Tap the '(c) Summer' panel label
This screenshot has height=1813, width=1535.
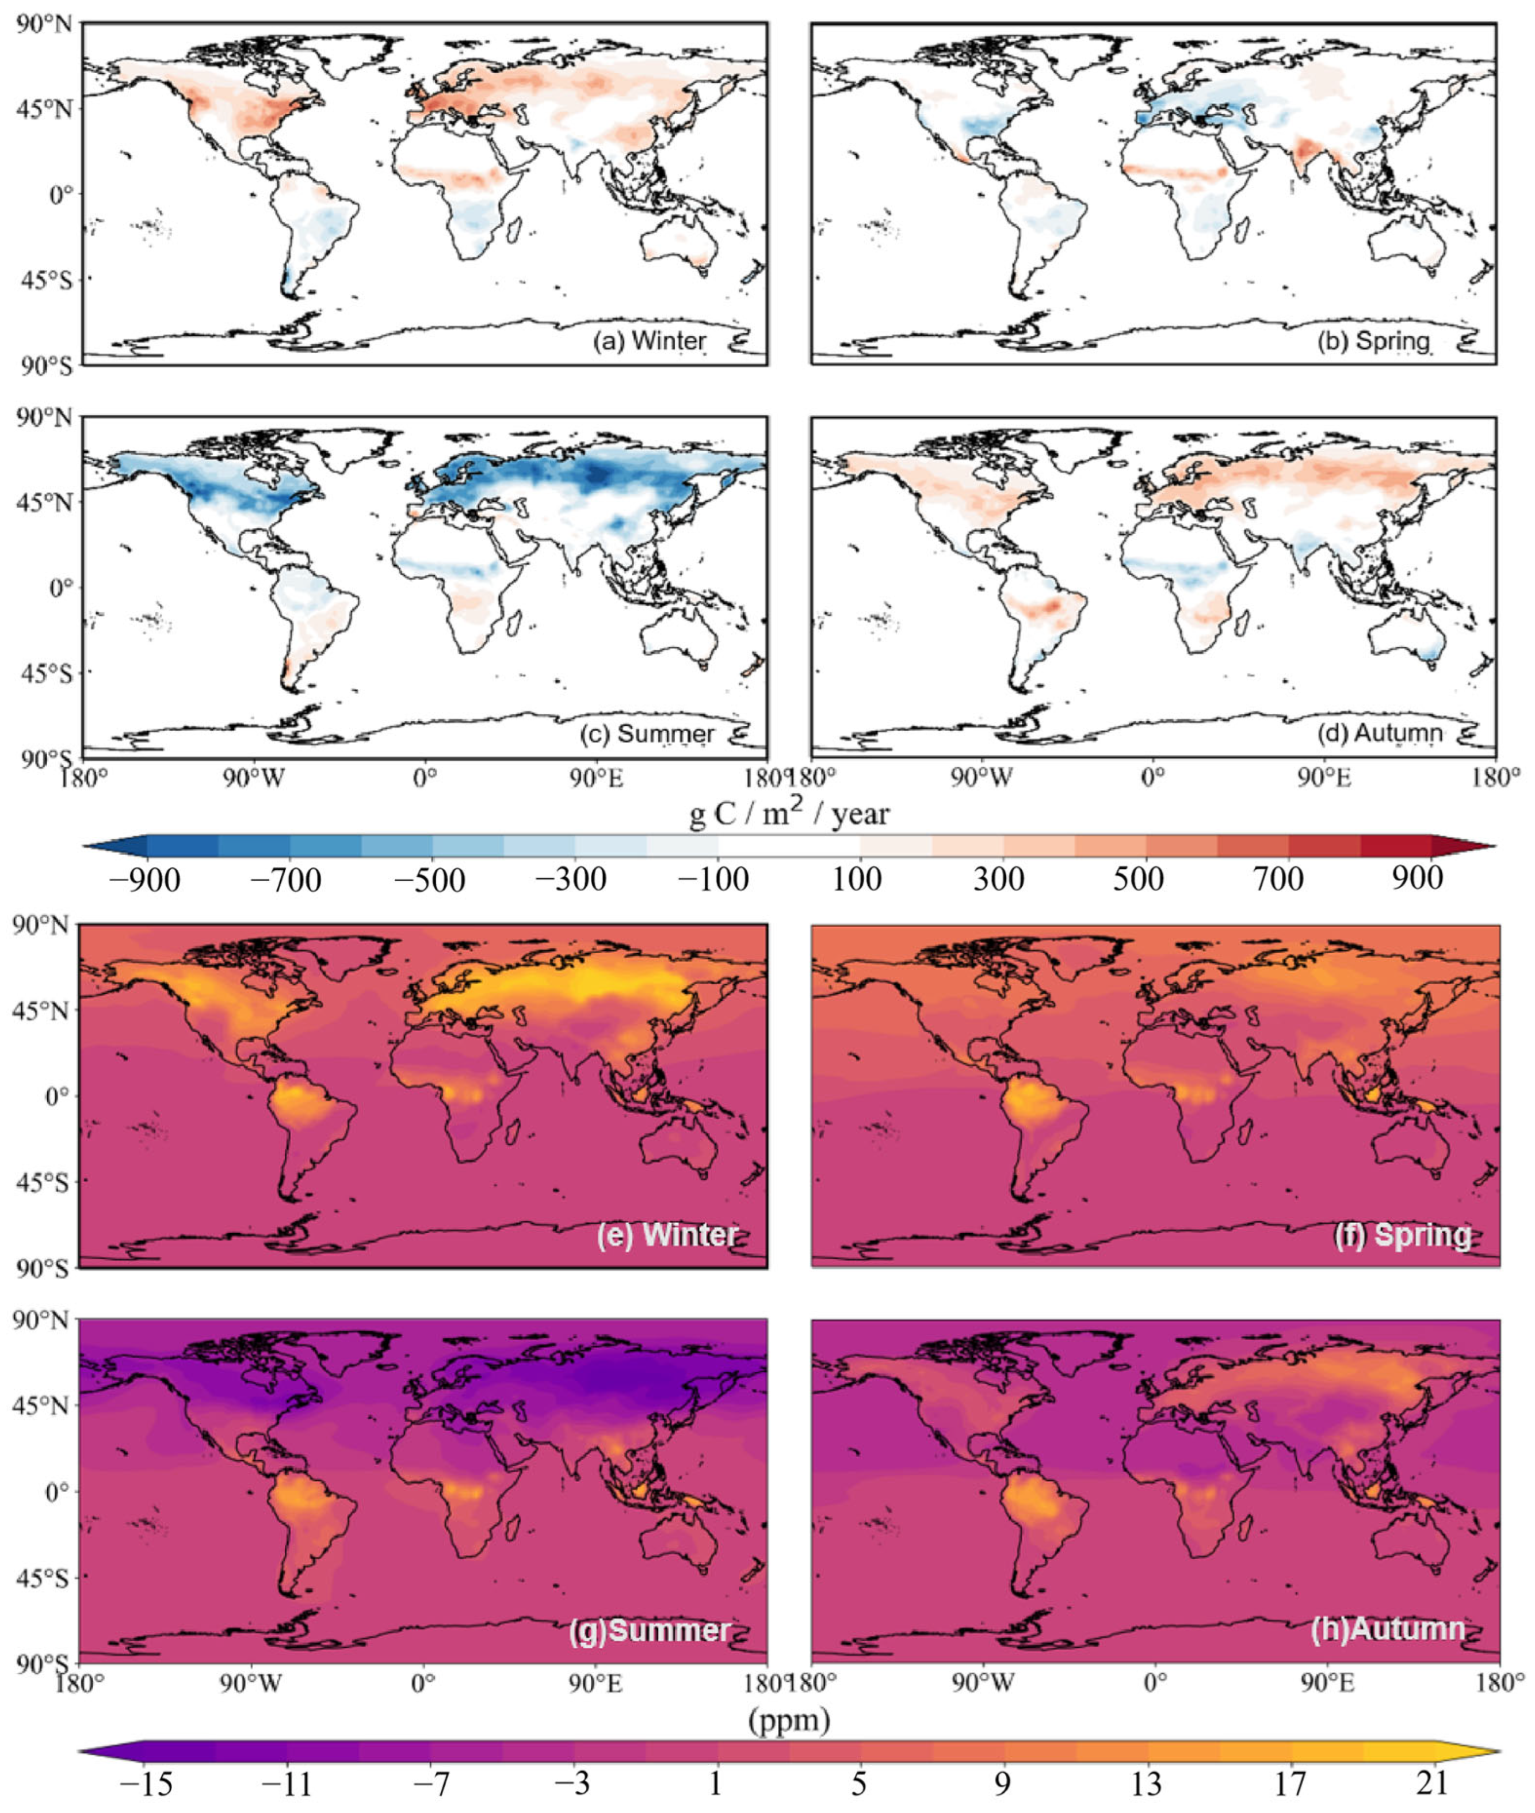[647, 734]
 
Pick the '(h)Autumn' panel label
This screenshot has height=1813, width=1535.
[1387, 1628]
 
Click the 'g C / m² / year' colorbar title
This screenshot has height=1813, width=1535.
[789, 814]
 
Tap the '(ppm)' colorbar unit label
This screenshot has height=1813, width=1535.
[789, 1720]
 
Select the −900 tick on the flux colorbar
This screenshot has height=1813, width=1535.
[144, 880]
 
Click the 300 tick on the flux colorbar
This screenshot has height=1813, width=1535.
[998, 880]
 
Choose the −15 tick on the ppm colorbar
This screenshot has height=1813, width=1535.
[146, 1786]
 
